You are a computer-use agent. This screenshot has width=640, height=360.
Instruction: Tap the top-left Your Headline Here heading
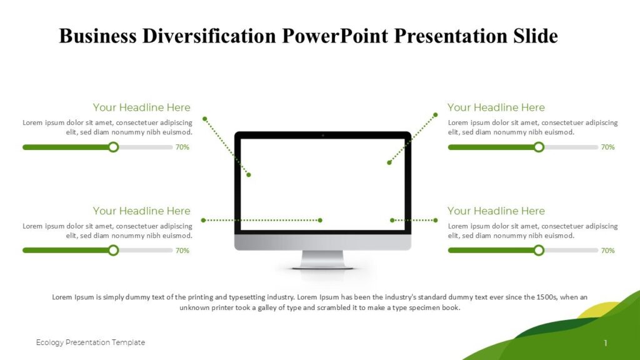coord(141,107)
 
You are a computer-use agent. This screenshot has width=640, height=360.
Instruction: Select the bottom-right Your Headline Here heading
coord(496,211)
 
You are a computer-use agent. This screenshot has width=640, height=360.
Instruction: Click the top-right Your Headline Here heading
coord(496,107)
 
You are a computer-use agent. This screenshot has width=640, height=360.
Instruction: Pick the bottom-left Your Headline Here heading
coord(141,211)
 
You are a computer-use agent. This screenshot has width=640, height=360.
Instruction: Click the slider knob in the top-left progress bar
coord(113,147)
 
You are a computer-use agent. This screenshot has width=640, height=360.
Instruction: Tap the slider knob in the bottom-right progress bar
coord(539,251)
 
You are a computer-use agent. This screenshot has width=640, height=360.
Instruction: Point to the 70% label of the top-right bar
coord(607,147)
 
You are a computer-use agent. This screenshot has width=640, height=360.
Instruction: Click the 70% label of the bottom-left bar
coord(182,251)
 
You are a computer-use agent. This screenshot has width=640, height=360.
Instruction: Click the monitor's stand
coord(322,259)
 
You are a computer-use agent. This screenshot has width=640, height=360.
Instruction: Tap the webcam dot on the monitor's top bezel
coord(322,135)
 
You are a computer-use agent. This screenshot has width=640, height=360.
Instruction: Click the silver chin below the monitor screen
coord(322,242)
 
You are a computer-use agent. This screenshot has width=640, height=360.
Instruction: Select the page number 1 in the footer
coord(606,342)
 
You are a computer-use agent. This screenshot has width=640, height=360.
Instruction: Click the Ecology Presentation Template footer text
coord(91,342)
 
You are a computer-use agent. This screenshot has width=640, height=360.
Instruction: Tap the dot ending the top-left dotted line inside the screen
coord(249,175)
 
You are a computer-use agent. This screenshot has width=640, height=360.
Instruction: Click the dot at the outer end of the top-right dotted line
coord(436,114)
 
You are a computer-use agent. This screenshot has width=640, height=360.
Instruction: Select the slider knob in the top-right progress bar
coord(539,147)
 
